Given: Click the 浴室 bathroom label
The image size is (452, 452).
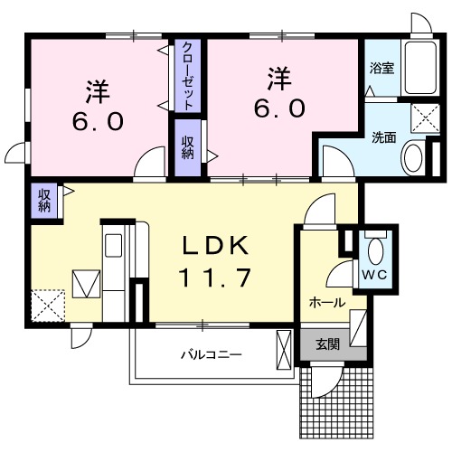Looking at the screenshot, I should click(380, 68).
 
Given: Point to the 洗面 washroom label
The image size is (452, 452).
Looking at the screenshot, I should click(384, 137).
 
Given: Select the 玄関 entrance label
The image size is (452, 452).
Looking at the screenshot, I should click(327, 344).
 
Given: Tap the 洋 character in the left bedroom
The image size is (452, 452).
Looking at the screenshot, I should click(97, 90).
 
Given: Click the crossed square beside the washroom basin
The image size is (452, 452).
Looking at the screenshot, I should click(420, 117).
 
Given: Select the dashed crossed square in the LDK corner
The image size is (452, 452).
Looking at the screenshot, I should click(46, 303).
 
